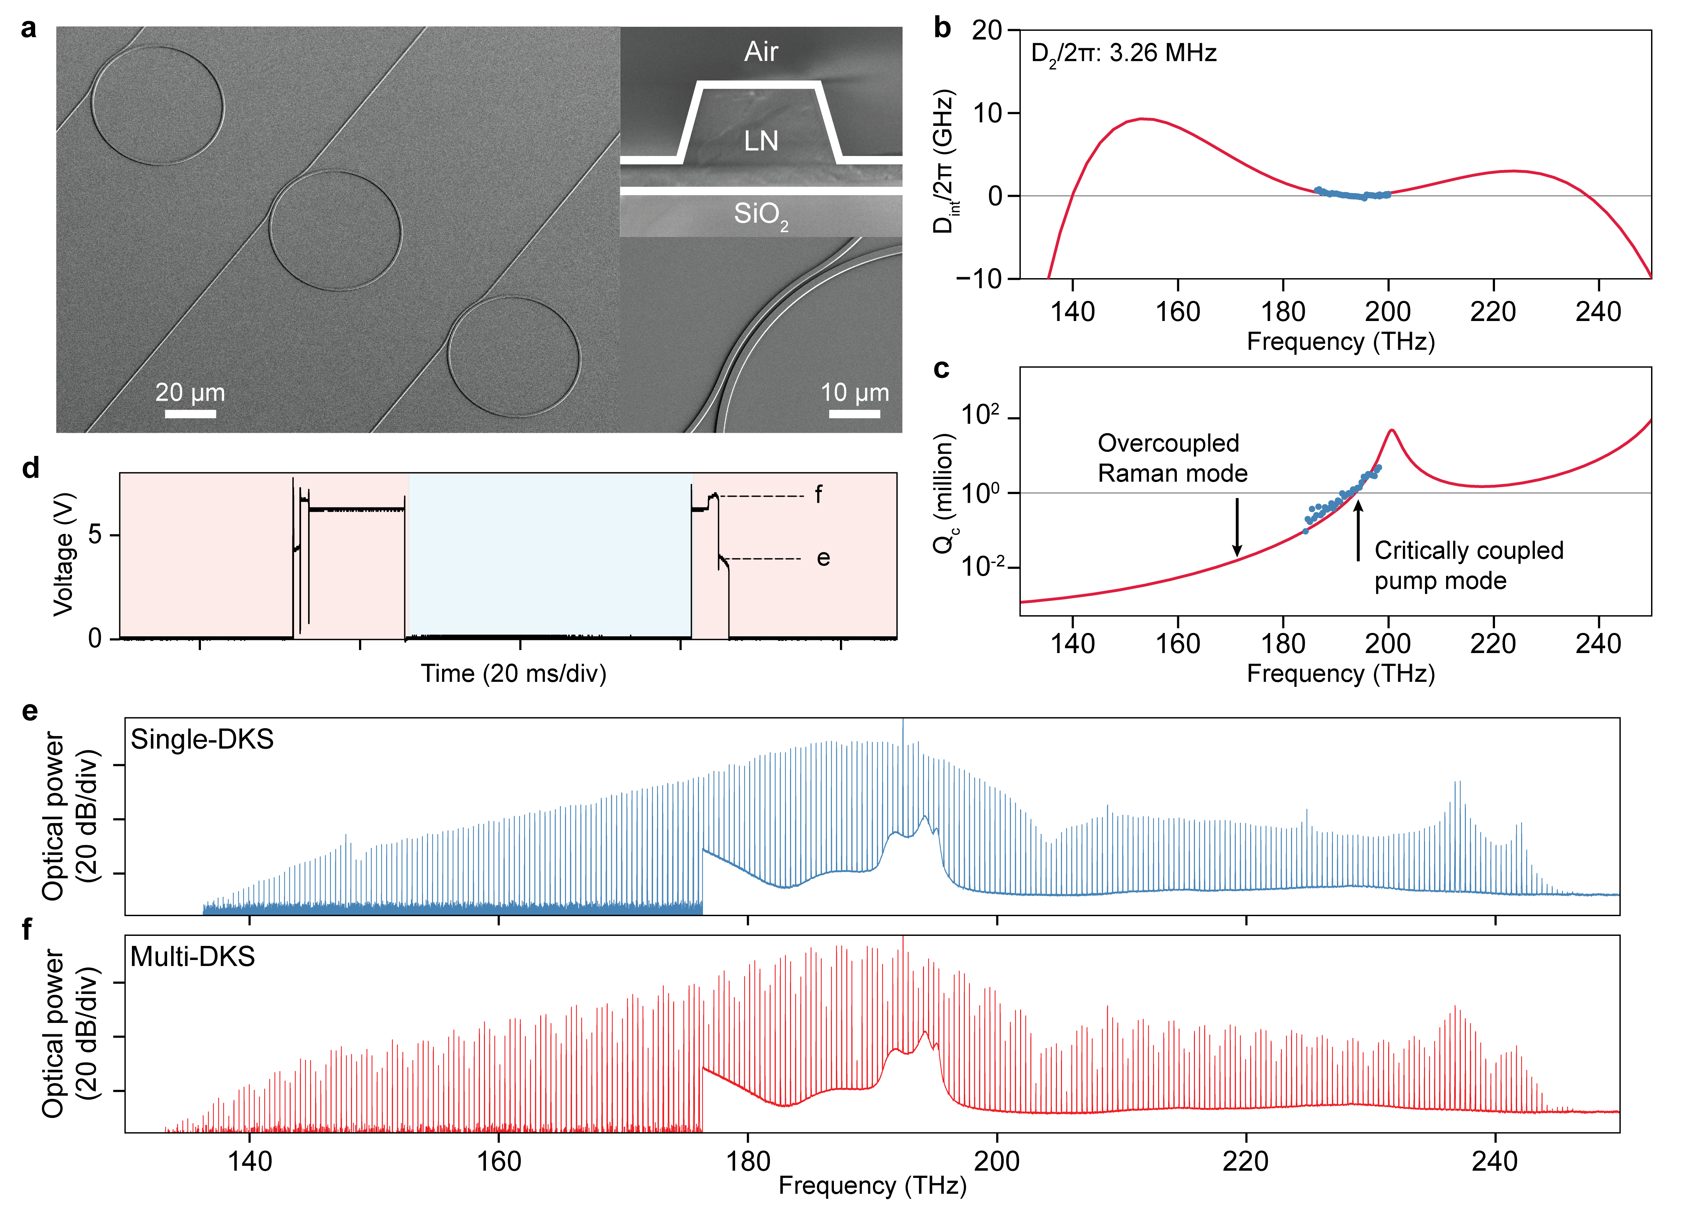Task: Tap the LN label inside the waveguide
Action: click(x=761, y=141)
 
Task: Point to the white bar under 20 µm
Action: click(x=191, y=413)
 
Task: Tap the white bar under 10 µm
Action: click(x=855, y=413)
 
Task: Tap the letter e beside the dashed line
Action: click(x=823, y=559)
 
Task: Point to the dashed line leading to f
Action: click(x=763, y=496)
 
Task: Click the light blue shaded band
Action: click(x=551, y=554)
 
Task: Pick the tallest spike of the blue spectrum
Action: click(x=903, y=720)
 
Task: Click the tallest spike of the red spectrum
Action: click(x=903, y=938)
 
